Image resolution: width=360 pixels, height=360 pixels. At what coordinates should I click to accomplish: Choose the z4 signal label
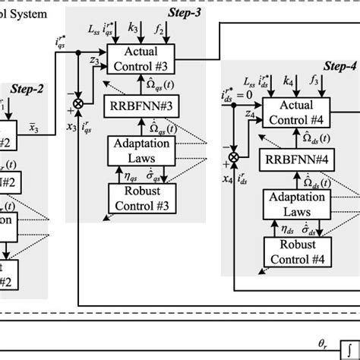(251, 114)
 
